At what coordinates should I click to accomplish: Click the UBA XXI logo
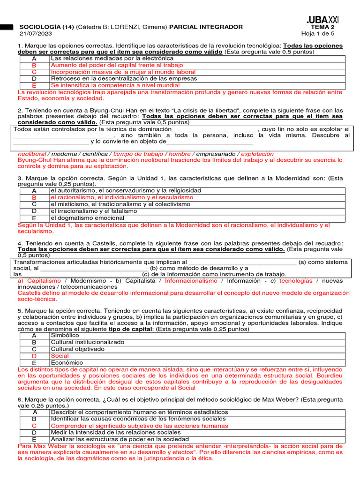[x=322, y=19]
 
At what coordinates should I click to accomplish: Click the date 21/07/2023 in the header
[x=36, y=34]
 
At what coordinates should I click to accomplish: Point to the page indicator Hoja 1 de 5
[x=318, y=34]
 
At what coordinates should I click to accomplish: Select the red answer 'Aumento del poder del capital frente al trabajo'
[x=118, y=66]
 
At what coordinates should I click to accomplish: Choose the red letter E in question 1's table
[x=34, y=86]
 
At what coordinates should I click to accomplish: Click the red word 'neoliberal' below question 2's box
[x=32, y=154]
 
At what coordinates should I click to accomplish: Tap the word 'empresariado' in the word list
[x=216, y=154]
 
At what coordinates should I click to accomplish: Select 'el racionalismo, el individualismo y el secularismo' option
[x=122, y=197]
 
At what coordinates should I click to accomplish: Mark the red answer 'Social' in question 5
[x=60, y=356]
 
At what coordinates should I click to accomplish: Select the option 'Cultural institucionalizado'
[x=87, y=342]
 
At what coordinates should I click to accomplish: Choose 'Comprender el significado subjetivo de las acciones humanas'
[x=139, y=426]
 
